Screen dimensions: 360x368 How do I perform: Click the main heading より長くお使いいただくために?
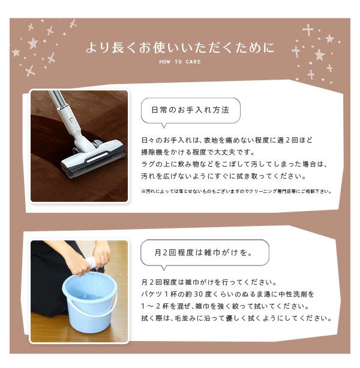point(180,47)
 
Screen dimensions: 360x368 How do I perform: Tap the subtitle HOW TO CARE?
point(180,62)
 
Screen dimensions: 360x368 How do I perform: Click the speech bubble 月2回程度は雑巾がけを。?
point(205,254)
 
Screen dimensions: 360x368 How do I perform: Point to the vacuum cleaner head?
point(92,158)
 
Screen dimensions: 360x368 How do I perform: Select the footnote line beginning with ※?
point(236,192)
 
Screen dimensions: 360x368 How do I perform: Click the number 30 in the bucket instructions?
point(198,294)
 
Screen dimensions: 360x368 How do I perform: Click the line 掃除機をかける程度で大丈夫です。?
point(198,152)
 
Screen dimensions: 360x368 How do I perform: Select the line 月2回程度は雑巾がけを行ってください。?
point(209,282)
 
